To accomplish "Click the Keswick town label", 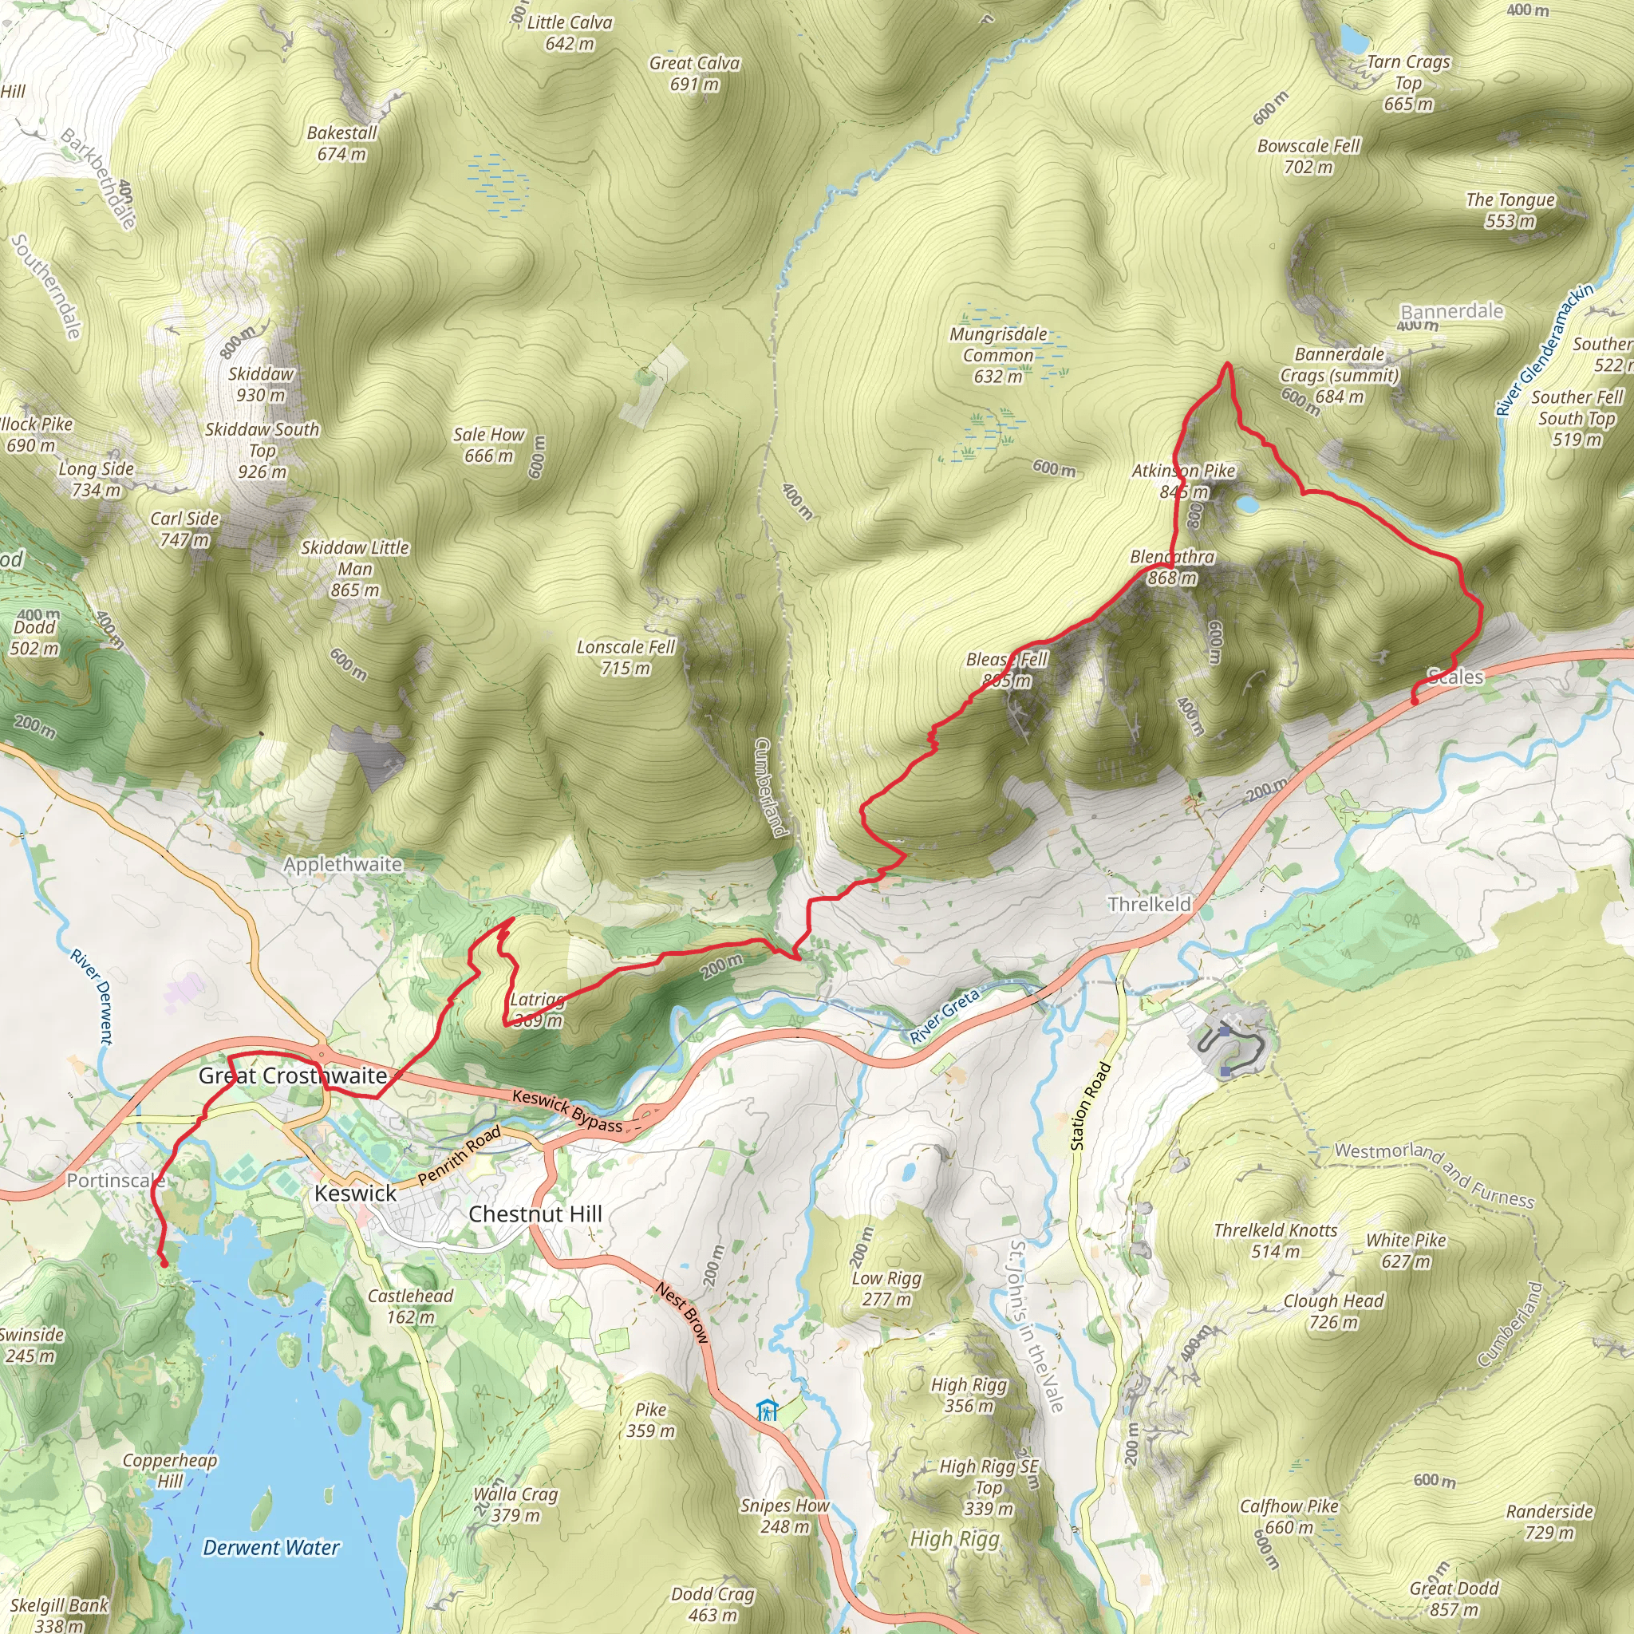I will coord(355,1194).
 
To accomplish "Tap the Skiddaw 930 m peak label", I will coord(260,384).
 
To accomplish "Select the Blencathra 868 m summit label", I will coord(1172,567).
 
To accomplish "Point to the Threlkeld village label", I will coord(1150,904).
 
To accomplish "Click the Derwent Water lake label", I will coord(270,1548).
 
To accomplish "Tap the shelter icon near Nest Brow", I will coord(767,1411).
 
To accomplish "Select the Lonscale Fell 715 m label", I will coord(626,657).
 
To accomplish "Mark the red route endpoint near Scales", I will coord(1414,701).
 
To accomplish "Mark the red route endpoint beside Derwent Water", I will coord(164,1264).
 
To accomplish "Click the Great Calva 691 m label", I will coord(694,73).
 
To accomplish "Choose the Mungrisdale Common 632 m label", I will coord(998,355).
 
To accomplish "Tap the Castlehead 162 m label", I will coord(410,1306).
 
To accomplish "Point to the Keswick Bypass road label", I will coord(566,1111).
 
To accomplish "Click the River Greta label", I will coord(944,1016).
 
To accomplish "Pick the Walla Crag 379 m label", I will coord(515,1505).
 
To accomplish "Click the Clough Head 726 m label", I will coord(1333,1311).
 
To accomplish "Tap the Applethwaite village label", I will coord(342,864).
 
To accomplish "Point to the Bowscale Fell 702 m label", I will coord(1308,156).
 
